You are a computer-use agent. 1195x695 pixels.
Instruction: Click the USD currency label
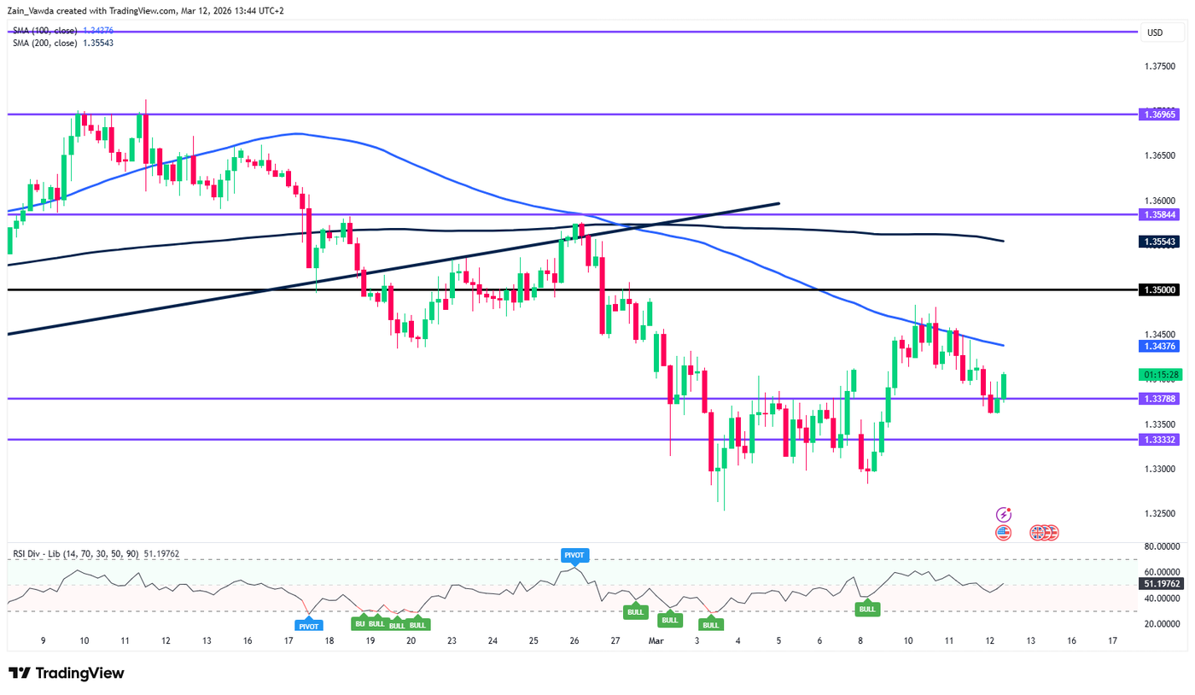click(1155, 33)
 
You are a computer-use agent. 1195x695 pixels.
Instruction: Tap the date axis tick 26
click(574, 640)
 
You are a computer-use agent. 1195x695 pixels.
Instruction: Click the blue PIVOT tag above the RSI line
click(574, 555)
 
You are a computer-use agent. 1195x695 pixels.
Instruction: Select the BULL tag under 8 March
click(867, 609)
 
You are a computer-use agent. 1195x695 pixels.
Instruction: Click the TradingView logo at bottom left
click(67, 673)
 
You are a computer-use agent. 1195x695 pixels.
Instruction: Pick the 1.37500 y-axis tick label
click(1163, 66)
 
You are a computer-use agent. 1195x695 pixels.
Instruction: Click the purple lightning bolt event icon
click(1004, 514)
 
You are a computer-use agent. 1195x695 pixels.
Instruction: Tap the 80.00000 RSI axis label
click(1163, 546)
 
